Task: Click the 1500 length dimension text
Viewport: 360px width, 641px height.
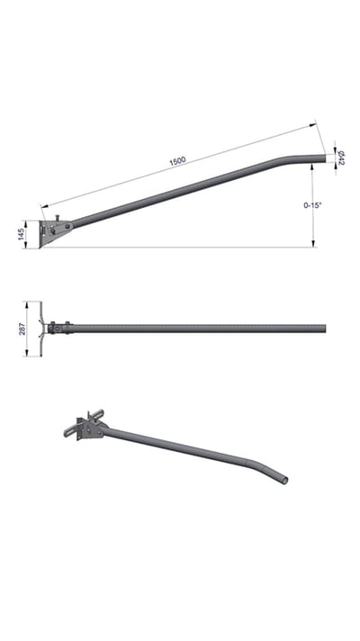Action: pos(178,160)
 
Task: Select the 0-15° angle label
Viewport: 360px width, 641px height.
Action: pos(312,205)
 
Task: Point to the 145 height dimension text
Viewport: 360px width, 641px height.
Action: pos(22,234)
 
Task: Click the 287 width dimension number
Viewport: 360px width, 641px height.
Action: pos(22,329)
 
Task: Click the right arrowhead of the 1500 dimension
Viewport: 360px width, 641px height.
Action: pos(313,125)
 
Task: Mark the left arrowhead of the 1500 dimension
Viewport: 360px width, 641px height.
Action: pos(44,205)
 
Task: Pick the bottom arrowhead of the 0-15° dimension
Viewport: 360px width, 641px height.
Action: pos(313,244)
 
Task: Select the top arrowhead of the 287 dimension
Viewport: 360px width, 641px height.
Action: pos(27,305)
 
